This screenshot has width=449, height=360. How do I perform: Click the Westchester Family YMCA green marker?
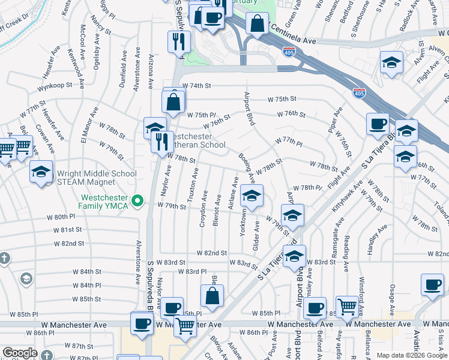(137, 200)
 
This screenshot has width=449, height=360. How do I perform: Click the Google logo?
(20, 353)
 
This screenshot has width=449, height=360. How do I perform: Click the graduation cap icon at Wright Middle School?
(41, 172)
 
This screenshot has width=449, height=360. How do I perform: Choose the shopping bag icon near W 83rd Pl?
(212, 295)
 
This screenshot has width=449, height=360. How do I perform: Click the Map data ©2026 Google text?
(412, 355)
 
